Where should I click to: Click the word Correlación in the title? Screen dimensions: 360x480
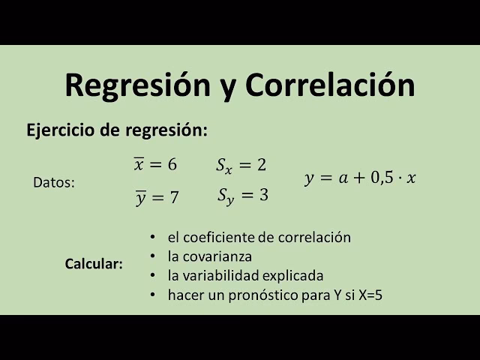coord(330,85)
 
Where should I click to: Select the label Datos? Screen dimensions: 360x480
coord(54,182)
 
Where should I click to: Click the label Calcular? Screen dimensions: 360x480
coord(94,265)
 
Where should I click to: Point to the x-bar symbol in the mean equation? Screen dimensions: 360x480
coord(138,164)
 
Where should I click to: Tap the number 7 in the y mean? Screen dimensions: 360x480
coord(174,198)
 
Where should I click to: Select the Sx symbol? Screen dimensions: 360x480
coord(225,166)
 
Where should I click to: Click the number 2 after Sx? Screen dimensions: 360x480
coord(261,164)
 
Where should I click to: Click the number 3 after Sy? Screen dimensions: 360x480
coord(263,195)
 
